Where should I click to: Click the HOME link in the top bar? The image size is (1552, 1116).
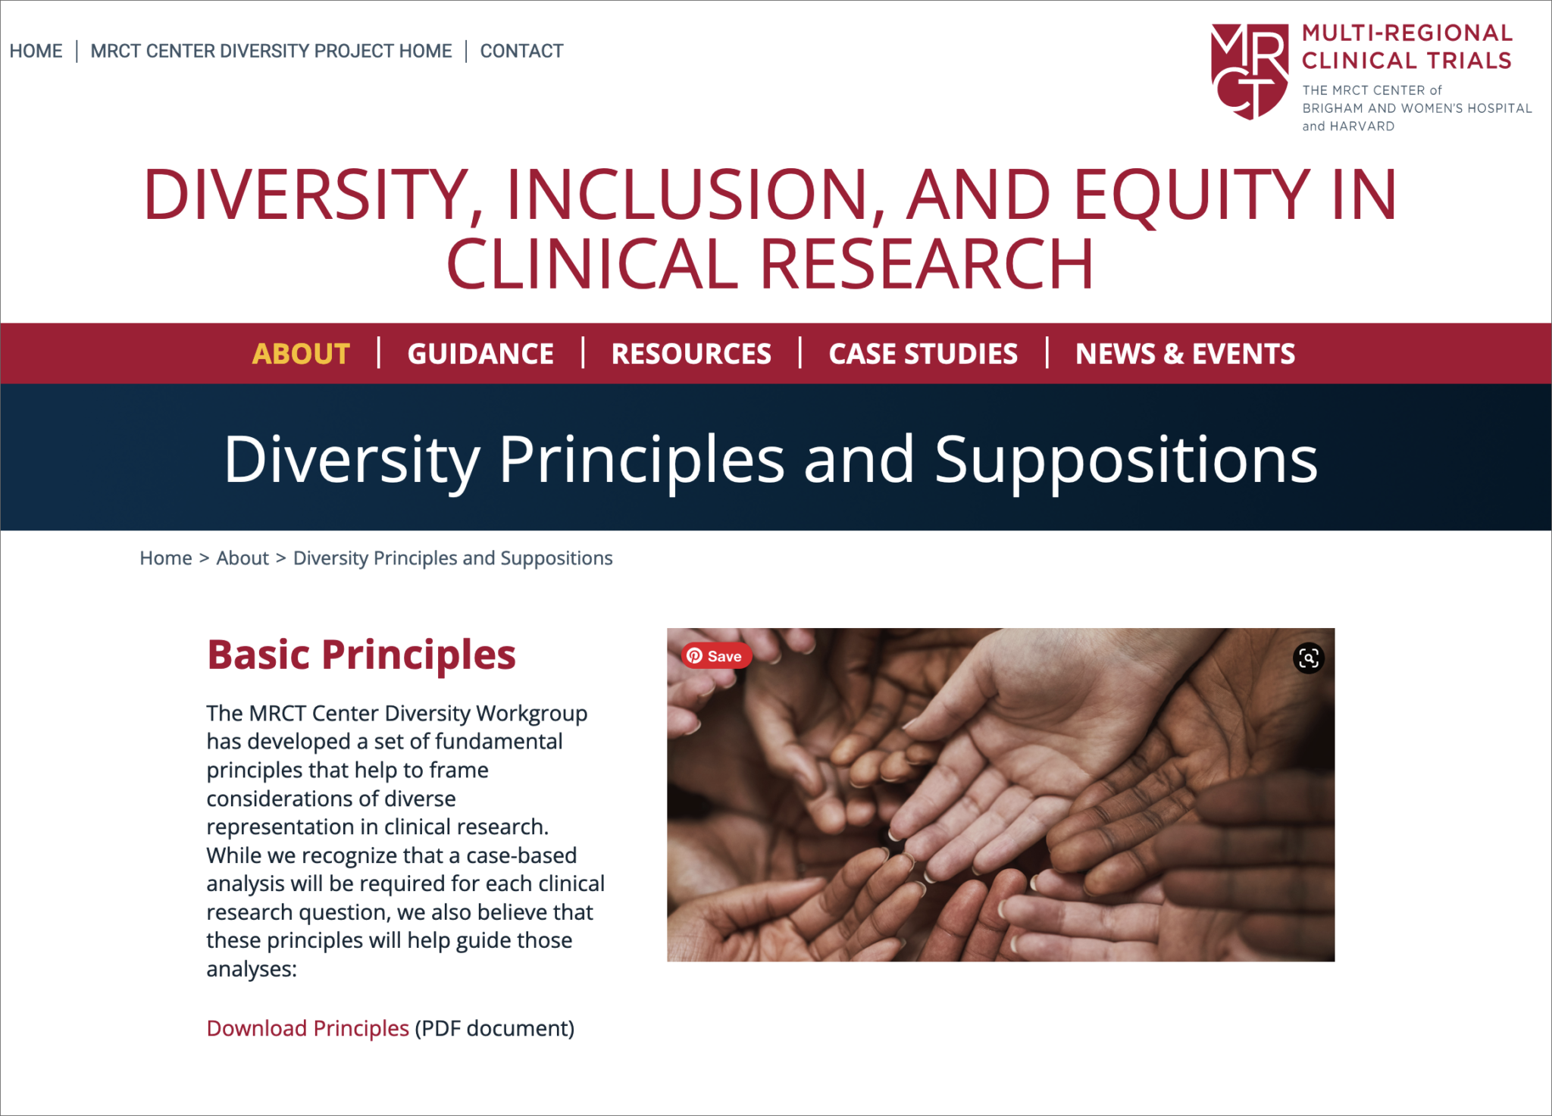[36, 51]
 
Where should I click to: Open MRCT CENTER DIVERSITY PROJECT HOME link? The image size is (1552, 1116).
[271, 51]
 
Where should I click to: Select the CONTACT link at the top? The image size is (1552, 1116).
[521, 51]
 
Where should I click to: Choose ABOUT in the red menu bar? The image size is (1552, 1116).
[301, 354]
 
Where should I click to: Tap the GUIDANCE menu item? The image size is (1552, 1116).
[480, 354]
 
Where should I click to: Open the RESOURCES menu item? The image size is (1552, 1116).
[691, 354]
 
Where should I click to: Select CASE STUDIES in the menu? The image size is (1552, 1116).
[923, 354]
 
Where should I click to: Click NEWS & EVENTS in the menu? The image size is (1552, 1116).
[1185, 354]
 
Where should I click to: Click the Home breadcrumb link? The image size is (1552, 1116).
[165, 558]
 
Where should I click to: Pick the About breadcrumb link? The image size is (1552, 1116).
[242, 558]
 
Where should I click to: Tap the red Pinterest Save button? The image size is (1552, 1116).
[715, 656]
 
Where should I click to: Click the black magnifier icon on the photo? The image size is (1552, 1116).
[1309, 658]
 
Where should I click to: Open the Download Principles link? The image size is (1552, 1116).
[308, 1028]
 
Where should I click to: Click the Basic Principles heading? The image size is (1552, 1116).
[361, 655]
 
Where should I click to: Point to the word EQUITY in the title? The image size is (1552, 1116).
[1192, 195]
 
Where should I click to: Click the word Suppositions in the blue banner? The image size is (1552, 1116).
[1126, 459]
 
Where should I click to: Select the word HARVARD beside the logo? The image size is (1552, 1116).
[1362, 127]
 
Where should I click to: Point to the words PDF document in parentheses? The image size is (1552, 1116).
[494, 1028]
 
